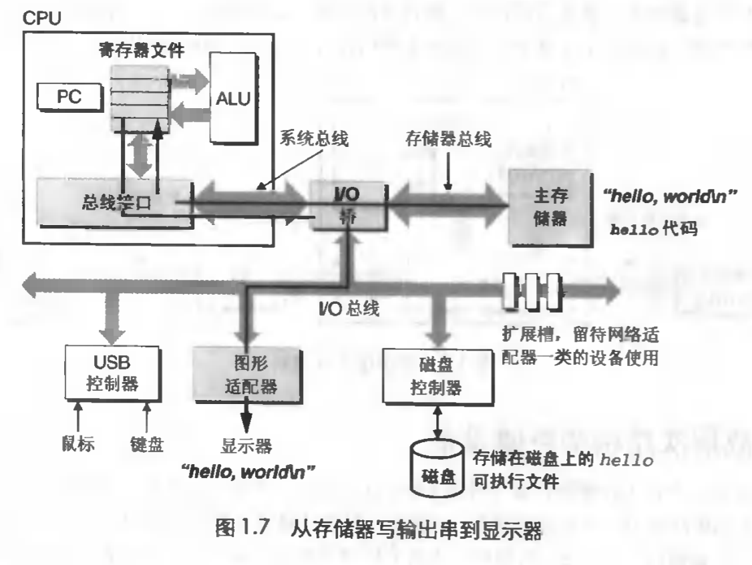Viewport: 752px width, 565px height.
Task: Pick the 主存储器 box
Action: (549, 206)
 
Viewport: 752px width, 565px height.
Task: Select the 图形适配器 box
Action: (236, 373)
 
